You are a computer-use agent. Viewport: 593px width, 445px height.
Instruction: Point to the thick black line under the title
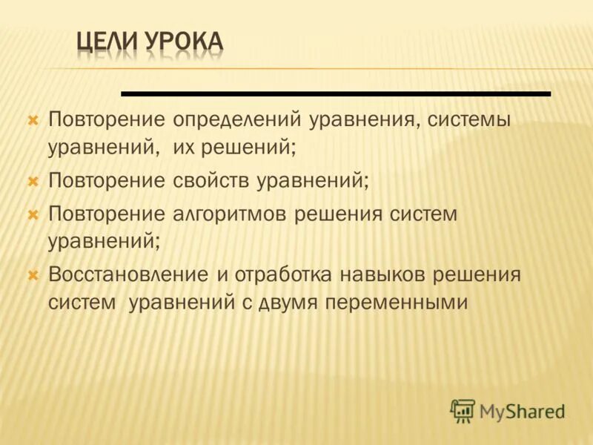[x=336, y=94]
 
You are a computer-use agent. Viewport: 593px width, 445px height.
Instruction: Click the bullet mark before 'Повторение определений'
[x=33, y=119]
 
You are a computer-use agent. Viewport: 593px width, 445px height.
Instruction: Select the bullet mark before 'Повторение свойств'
[x=33, y=180]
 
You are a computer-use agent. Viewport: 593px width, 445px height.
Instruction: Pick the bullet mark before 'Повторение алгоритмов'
[x=33, y=214]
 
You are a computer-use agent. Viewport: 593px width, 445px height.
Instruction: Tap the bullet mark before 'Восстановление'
[x=33, y=275]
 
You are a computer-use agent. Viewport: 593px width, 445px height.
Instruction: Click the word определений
[x=239, y=119]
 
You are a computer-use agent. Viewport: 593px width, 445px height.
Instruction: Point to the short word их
[x=185, y=147]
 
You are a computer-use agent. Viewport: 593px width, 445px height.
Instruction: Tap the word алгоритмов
[x=230, y=214]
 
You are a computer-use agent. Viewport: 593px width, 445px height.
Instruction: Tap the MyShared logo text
[x=523, y=411]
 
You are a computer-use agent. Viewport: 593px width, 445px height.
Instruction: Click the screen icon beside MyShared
[x=463, y=410]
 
